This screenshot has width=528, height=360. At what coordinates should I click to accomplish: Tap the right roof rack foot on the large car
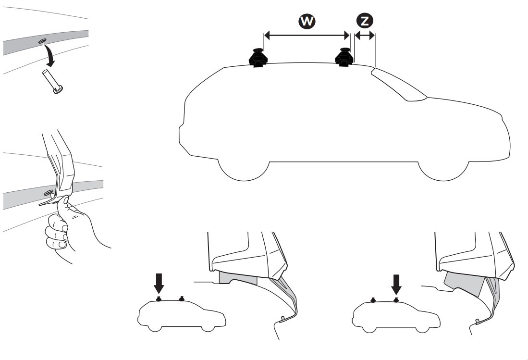pos(344,57)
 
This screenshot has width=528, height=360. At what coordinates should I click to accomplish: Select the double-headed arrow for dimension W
pos(307,36)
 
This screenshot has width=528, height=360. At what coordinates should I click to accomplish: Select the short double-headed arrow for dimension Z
pos(364,36)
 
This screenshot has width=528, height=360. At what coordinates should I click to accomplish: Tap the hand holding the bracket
pos(67,231)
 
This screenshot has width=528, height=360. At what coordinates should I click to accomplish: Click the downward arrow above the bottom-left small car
pos(159,284)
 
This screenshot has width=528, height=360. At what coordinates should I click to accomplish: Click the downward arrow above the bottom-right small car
pos(396,284)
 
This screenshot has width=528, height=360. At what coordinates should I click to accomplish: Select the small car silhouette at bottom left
pos(181,315)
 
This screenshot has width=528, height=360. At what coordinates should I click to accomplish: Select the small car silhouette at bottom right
pos(396,315)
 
